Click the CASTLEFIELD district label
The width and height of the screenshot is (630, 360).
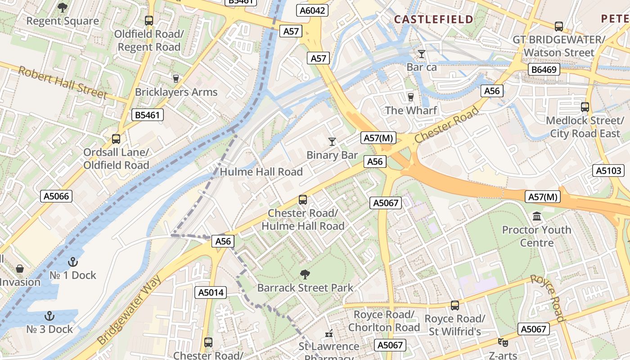pyautogui.click(x=433, y=19)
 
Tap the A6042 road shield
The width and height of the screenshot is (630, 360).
pyautogui.click(x=312, y=11)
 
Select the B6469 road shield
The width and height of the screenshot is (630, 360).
pyautogui.click(x=544, y=69)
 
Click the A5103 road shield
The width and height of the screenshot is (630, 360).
pyautogui.click(x=609, y=171)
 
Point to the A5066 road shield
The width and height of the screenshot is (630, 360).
pyautogui.click(x=57, y=196)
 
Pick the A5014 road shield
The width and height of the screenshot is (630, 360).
pyautogui.click(x=211, y=292)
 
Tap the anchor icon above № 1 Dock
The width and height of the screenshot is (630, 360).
pyautogui.click(x=72, y=261)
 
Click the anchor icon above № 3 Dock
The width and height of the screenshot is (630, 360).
pyautogui.click(x=49, y=316)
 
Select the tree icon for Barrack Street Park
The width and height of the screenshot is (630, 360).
pyautogui.click(x=305, y=274)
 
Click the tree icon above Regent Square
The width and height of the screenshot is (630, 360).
pyautogui.click(x=62, y=7)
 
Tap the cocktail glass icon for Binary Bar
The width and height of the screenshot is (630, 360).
pyautogui.click(x=332, y=142)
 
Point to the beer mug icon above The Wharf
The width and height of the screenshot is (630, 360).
pyautogui.click(x=410, y=97)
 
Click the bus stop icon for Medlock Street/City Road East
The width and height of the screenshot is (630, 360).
pyautogui.click(x=585, y=107)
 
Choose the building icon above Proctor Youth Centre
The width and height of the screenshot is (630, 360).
pyautogui.click(x=536, y=217)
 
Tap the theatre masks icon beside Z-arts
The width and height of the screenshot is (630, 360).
pyautogui.click(x=503, y=342)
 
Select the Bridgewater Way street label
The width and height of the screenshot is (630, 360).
pyautogui.click(x=129, y=310)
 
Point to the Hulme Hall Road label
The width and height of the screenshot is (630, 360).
pyautogui.click(x=261, y=171)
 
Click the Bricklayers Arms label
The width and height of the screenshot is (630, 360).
pyautogui.click(x=176, y=92)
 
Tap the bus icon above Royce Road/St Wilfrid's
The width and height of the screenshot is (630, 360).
pyautogui.click(x=455, y=306)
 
